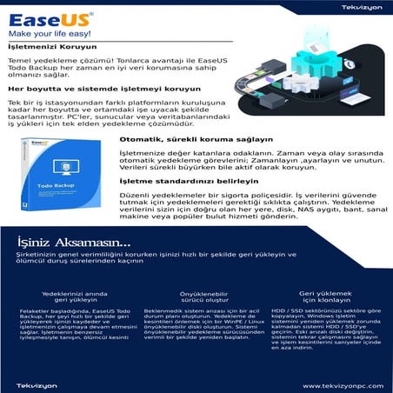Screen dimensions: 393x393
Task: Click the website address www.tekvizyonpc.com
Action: pyautogui.click(x=339, y=385)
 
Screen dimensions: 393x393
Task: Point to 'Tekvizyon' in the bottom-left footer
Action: pyautogui.click(x=33, y=385)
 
